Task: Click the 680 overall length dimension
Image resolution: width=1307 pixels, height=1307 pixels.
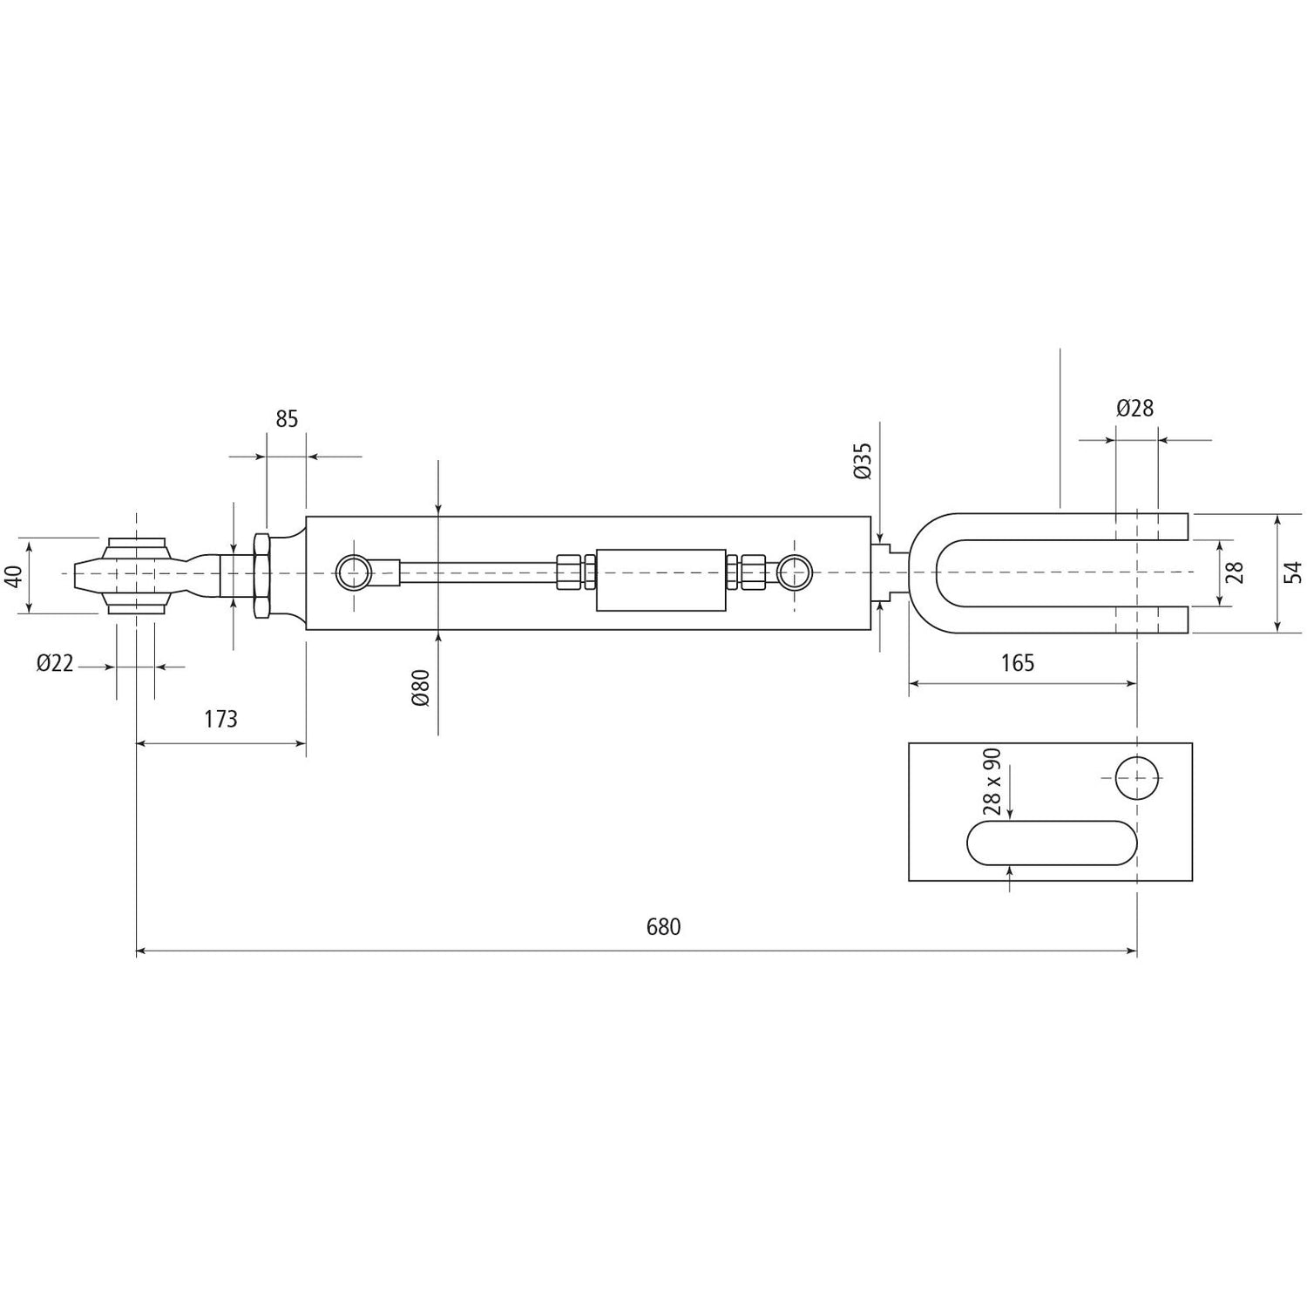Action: point(663,926)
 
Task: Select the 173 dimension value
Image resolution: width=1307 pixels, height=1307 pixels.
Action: point(220,719)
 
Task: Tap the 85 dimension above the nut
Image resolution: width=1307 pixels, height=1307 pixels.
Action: point(287,419)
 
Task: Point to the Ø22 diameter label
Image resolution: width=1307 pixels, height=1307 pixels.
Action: point(55,664)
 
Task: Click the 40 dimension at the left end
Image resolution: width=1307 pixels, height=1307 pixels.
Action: point(12,576)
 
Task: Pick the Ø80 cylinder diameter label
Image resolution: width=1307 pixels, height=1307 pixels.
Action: point(421,687)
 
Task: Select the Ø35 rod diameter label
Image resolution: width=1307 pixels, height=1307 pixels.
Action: point(862,460)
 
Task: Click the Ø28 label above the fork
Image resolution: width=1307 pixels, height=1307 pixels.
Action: point(1134,408)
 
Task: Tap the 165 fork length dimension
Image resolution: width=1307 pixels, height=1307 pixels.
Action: point(1017,663)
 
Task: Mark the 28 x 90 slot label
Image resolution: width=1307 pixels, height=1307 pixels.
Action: point(992,781)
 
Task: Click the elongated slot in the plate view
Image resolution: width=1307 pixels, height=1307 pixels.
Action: point(1052,843)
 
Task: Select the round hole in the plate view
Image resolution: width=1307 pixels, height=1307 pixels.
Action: point(1137,777)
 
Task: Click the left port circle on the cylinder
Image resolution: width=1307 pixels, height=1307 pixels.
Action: point(354,572)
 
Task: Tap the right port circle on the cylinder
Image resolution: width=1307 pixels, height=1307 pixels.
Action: point(795,572)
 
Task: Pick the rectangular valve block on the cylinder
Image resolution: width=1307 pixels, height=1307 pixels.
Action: point(661,579)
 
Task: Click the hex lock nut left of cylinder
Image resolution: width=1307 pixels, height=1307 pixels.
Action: point(261,575)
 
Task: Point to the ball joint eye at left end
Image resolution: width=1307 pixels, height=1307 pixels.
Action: point(136,574)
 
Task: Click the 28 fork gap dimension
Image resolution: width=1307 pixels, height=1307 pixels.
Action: point(1235,572)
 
